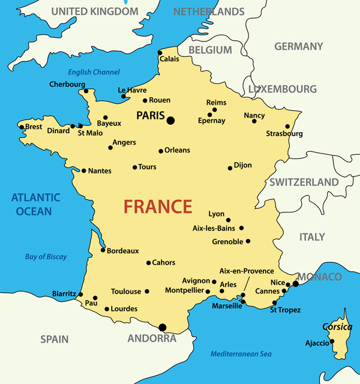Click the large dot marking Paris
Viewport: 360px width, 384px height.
[170, 121]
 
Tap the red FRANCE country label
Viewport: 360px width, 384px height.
[158, 206]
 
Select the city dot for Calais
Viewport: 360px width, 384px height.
[160, 52]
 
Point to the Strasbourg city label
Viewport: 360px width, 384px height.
[284, 134]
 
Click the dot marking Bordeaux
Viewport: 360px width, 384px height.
[103, 250]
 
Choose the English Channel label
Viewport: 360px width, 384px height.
[94, 72]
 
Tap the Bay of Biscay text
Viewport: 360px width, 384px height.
[46, 257]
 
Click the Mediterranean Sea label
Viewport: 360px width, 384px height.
[241, 354]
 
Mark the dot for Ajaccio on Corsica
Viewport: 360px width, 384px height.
[332, 341]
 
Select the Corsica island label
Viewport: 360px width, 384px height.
[337, 327]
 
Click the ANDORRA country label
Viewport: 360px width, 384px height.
[152, 338]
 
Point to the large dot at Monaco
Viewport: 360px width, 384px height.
[295, 283]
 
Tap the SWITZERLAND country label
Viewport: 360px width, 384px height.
[304, 182]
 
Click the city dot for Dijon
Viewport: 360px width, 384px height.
[230, 168]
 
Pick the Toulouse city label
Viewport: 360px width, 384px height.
[126, 292]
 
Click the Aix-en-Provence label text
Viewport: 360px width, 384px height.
[247, 271]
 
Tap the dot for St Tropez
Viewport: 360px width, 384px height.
[275, 302]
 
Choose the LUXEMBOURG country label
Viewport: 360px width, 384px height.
[282, 89]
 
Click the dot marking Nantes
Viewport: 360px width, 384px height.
[83, 170]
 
